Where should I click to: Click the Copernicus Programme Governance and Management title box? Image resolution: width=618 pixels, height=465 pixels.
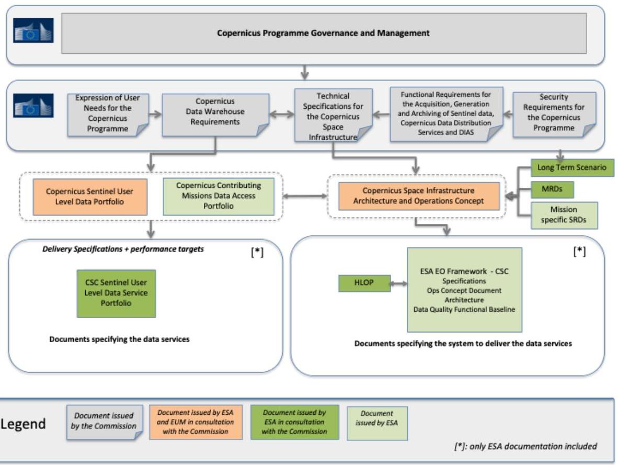pos(324,33)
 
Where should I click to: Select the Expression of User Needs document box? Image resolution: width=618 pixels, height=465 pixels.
pos(108,115)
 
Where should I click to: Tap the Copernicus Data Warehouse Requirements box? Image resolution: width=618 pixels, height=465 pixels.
pos(215,115)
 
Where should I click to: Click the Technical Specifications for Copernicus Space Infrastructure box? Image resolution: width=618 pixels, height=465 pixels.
pos(333,115)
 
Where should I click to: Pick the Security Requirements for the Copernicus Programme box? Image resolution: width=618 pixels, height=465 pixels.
pos(554,115)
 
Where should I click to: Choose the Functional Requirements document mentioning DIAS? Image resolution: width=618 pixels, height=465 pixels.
pos(446,114)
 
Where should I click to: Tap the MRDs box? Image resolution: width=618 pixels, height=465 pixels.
pos(552,189)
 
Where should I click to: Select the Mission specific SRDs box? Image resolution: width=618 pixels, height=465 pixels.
pos(564,216)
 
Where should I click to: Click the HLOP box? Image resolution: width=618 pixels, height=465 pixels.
pos(364,283)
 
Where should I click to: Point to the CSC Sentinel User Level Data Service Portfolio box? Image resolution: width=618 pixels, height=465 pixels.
pos(116,293)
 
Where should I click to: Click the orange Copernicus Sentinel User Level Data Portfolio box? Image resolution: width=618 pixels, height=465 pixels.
pos(90,197)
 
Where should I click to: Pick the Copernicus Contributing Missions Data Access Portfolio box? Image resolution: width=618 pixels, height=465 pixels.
pos(219,197)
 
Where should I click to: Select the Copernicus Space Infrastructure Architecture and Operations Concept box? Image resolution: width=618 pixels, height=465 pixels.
pos(419,196)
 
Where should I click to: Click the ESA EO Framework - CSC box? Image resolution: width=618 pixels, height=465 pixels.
pos(464,290)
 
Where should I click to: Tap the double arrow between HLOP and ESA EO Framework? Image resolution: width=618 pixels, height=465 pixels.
pos(399,283)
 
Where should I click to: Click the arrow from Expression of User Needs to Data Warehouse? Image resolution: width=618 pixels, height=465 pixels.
pos(155,115)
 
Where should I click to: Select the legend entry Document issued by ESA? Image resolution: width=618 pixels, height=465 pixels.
pos(377,423)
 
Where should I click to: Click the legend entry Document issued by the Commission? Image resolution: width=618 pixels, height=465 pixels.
pos(105,422)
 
